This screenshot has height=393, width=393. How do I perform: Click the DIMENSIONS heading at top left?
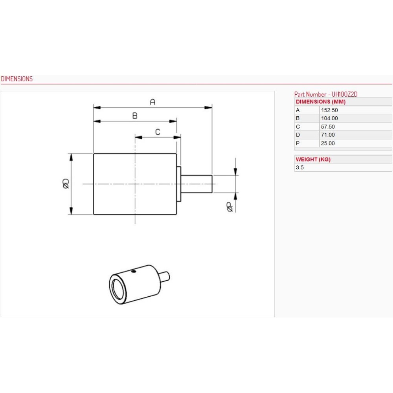pos(17,79)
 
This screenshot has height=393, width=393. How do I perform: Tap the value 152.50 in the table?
pos(329,110)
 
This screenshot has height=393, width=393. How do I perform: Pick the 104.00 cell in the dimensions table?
pos(329,118)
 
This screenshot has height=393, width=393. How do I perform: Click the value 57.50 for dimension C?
pos(328,127)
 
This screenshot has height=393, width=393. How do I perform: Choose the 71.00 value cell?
pos(328,135)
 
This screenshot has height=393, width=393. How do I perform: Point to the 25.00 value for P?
pos(328,143)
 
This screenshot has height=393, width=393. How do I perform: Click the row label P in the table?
pos(298,143)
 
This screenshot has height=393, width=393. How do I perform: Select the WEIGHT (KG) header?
pos(313,160)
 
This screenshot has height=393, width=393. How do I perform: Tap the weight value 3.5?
pos(299,167)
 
